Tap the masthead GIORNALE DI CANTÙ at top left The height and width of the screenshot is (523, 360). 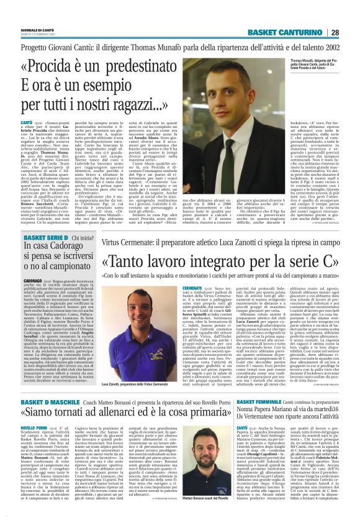coord(38,29)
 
